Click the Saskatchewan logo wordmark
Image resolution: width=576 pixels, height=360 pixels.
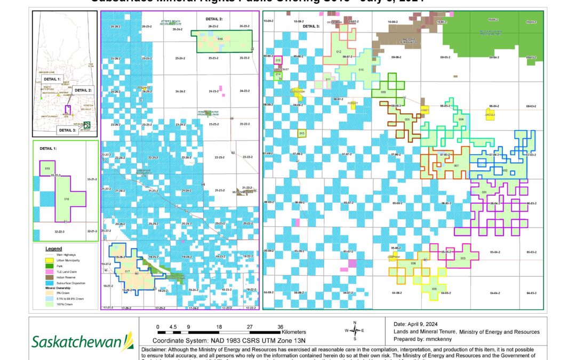(x=75, y=340)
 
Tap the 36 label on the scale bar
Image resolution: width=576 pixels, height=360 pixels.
(x=281, y=326)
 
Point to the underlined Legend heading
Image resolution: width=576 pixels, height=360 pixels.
(x=53, y=249)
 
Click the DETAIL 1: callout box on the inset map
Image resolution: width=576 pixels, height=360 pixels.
(x=53, y=78)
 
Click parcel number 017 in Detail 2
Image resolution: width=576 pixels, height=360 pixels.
(x=127, y=271)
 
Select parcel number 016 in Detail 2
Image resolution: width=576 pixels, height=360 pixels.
(x=220, y=39)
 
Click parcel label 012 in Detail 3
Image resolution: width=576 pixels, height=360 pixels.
(x=338, y=51)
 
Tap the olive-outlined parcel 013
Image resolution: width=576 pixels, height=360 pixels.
(x=302, y=133)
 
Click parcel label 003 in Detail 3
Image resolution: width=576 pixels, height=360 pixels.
(x=462, y=258)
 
